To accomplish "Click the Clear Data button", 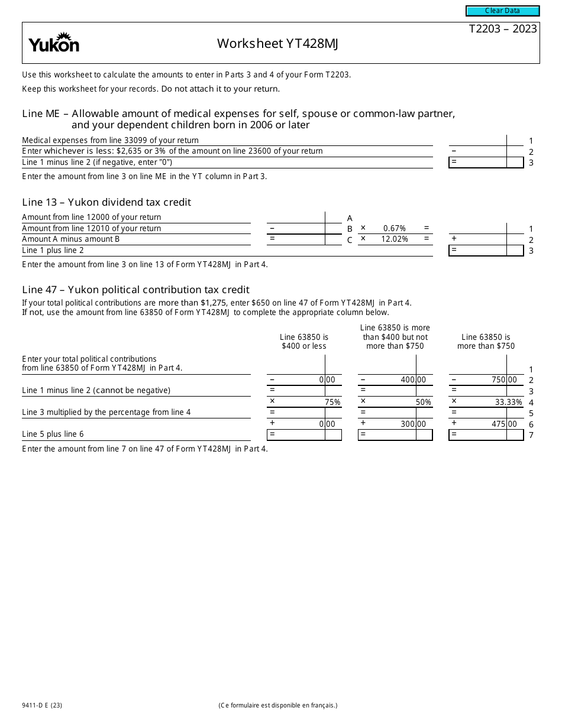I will click(502, 11).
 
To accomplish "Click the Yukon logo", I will click(54, 43).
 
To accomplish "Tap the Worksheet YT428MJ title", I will click(277, 43).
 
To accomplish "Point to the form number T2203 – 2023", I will click(502, 29).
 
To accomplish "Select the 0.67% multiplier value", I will click(394, 228).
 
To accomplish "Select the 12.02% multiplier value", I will click(394, 239).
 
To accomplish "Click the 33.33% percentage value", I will click(508, 402).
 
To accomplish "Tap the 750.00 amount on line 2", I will click(504, 380).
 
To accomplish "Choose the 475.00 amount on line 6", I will click(504, 424).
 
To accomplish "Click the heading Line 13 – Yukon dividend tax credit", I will click(106, 202).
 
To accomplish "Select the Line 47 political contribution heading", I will click(135, 290).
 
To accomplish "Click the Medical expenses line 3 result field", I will click(486, 162).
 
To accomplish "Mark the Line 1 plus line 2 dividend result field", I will click(486, 250).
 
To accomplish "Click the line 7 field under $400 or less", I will click(304, 434).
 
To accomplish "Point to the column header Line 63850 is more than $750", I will click(486, 341).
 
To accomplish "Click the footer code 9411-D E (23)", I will click(43, 705).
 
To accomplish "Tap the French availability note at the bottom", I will click(277, 705).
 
